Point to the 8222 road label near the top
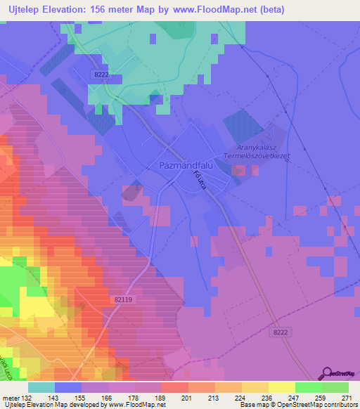coord(101,73)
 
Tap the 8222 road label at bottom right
coord(281,332)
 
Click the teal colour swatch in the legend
coord(41,387)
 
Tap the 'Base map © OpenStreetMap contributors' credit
coord(297,404)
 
